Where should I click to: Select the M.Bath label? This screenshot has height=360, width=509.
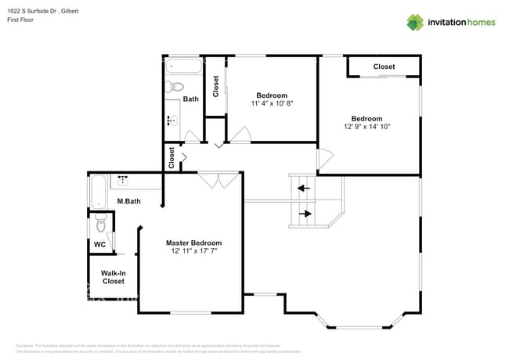pos(128,202)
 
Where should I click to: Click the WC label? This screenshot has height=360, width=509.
pos(99,244)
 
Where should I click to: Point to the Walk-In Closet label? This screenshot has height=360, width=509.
pos(113,277)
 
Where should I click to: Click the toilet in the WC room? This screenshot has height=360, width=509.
pos(99,224)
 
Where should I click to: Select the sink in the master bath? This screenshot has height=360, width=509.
pos(122,181)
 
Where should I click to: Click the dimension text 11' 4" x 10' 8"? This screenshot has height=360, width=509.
pos(272,103)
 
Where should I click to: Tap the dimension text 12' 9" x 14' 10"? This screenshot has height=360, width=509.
pos(366,126)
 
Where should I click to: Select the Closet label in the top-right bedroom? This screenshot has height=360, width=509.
pos(384,67)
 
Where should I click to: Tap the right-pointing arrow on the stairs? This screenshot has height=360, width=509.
pos(305,213)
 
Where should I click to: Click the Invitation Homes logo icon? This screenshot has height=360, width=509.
pos(415,22)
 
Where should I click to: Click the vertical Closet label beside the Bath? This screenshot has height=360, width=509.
pos(216,85)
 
